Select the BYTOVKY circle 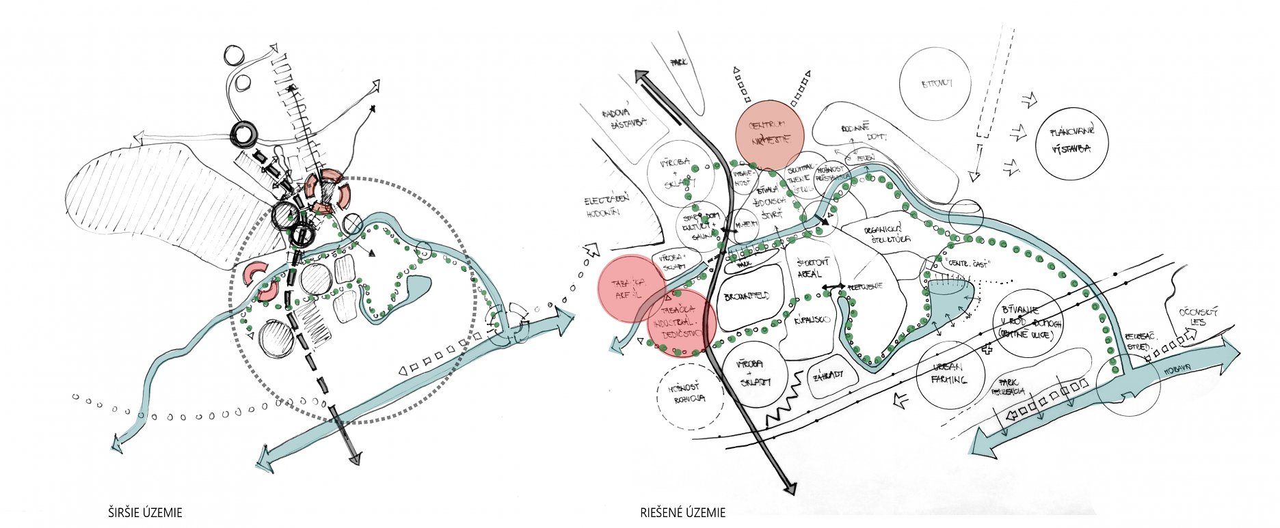[x=936, y=84]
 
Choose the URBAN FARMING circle [x=950, y=374]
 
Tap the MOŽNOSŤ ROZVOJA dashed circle [x=690, y=395]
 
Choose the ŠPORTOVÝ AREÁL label [x=814, y=268]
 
